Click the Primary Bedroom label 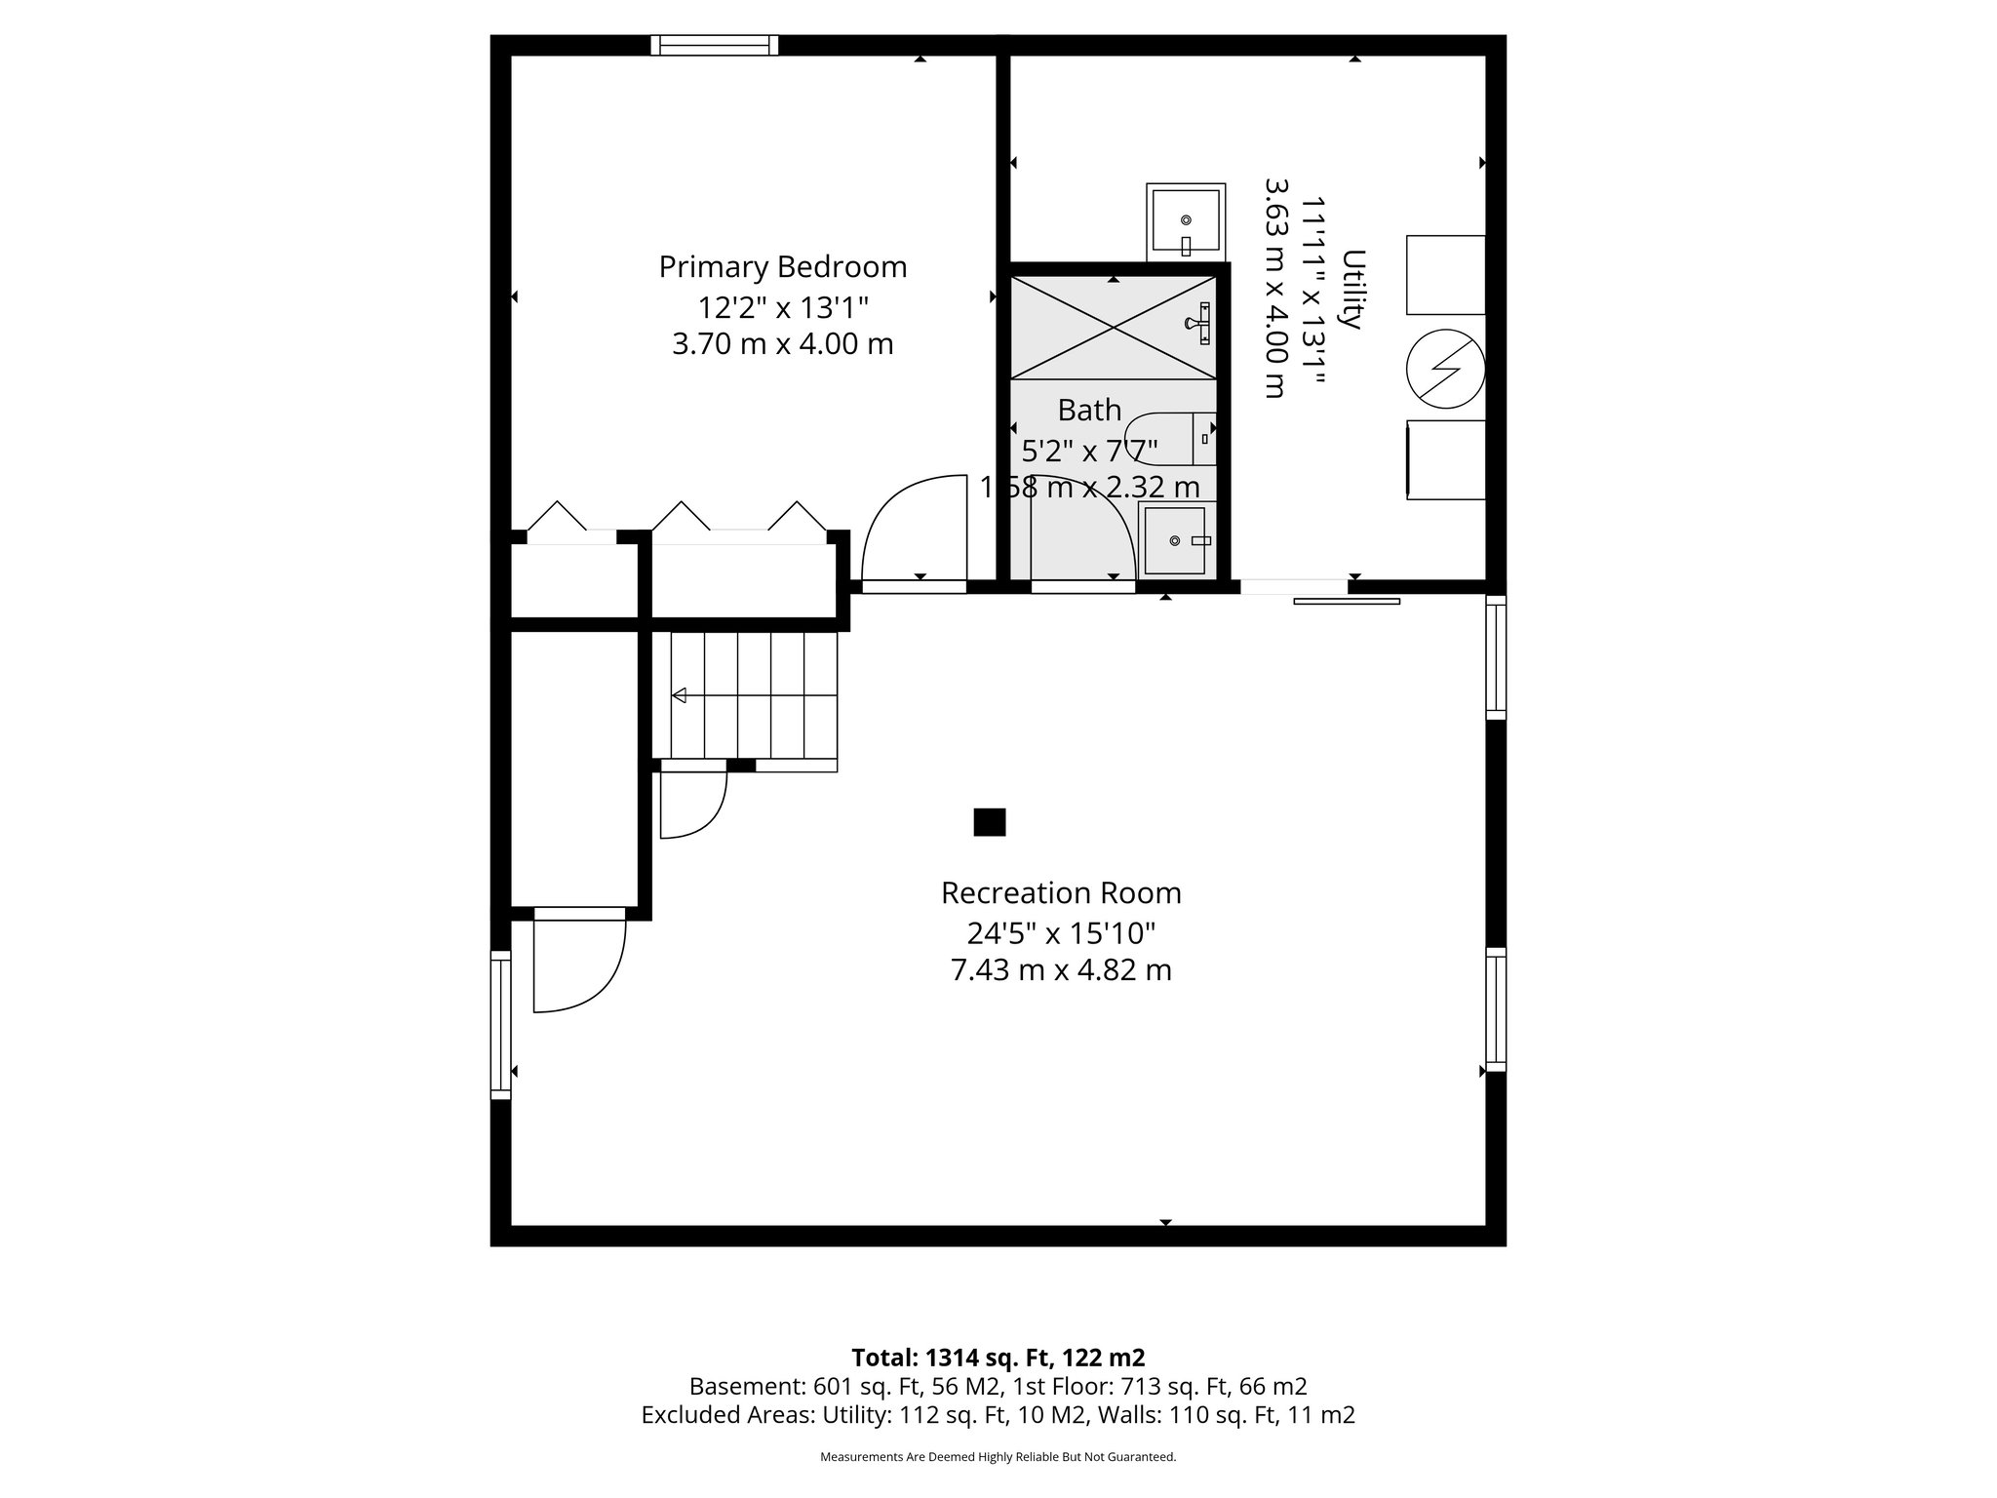click(x=782, y=266)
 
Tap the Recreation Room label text click(x=1060, y=892)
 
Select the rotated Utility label click(x=1352, y=290)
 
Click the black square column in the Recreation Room click(x=989, y=822)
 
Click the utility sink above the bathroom click(x=1185, y=220)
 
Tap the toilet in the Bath click(x=1170, y=439)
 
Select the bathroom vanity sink click(x=1178, y=540)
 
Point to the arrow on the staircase click(x=680, y=695)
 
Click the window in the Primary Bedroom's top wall click(x=714, y=45)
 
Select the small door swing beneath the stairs click(x=692, y=805)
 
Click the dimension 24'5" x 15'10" click(x=1060, y=933)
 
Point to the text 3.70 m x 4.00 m click(x=782, y=344)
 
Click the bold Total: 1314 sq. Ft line click(x=998, y=1358)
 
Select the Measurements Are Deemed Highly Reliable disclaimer click(x=998, y=1457)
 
